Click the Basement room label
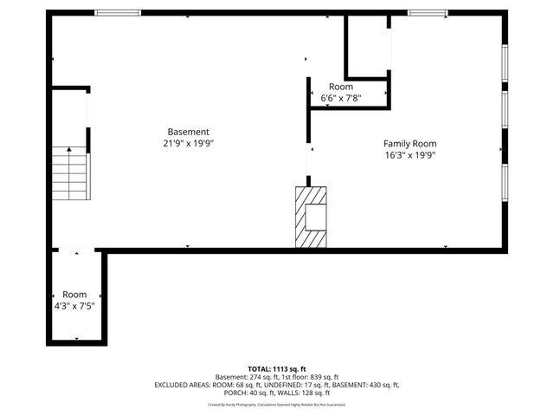pyautogui.click(x=188, y=132)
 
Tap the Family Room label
pyautogui.click(x=409, y=144)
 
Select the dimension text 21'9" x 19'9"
pyautogui.click(x=188, y=144)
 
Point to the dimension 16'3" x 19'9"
pyautogui.click(x=409, y=156)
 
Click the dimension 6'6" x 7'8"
pyautogui.click(x=340, y=99)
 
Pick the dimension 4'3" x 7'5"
pyautogui.click(x=74, y=306)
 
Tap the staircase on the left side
pyautogui.click(x=69, y=173)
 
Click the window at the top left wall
pyautogui.click(x=118, y=12)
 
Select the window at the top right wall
pyautogui.click(x=428, y=12)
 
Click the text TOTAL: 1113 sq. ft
pyautogui.click(x=276, y=368)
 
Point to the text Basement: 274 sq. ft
pyautogui.click(x=243, y=377)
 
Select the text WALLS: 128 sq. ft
pyautogui.click(x=305, y=393)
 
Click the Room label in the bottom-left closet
pyautogui.click(x=74, y=295)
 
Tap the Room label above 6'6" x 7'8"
pyautogui.click(x=340, y=88)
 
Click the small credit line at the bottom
pyautogui.click(x=276, y=404)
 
